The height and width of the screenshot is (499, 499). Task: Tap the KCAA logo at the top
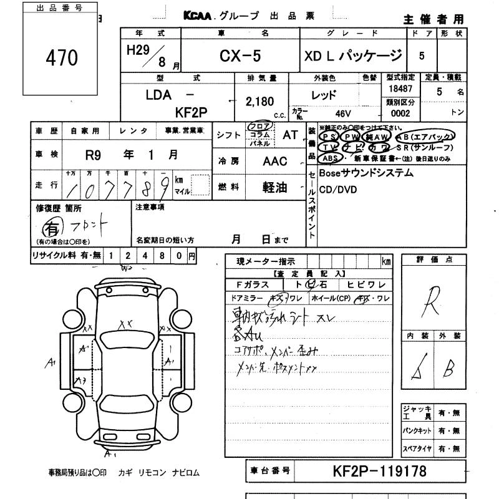198,16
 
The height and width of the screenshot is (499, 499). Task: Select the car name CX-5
240,56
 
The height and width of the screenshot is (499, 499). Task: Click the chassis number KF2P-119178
380,472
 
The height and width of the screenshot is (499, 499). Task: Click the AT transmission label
291,134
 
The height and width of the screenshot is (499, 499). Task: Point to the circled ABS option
329,158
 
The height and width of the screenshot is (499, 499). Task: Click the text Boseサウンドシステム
366,173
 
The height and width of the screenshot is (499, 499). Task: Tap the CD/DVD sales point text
337,190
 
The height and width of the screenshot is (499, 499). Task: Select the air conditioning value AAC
274,162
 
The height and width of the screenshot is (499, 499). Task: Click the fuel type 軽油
273,187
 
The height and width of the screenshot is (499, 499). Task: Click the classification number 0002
400,114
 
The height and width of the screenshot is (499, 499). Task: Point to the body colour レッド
324,95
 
